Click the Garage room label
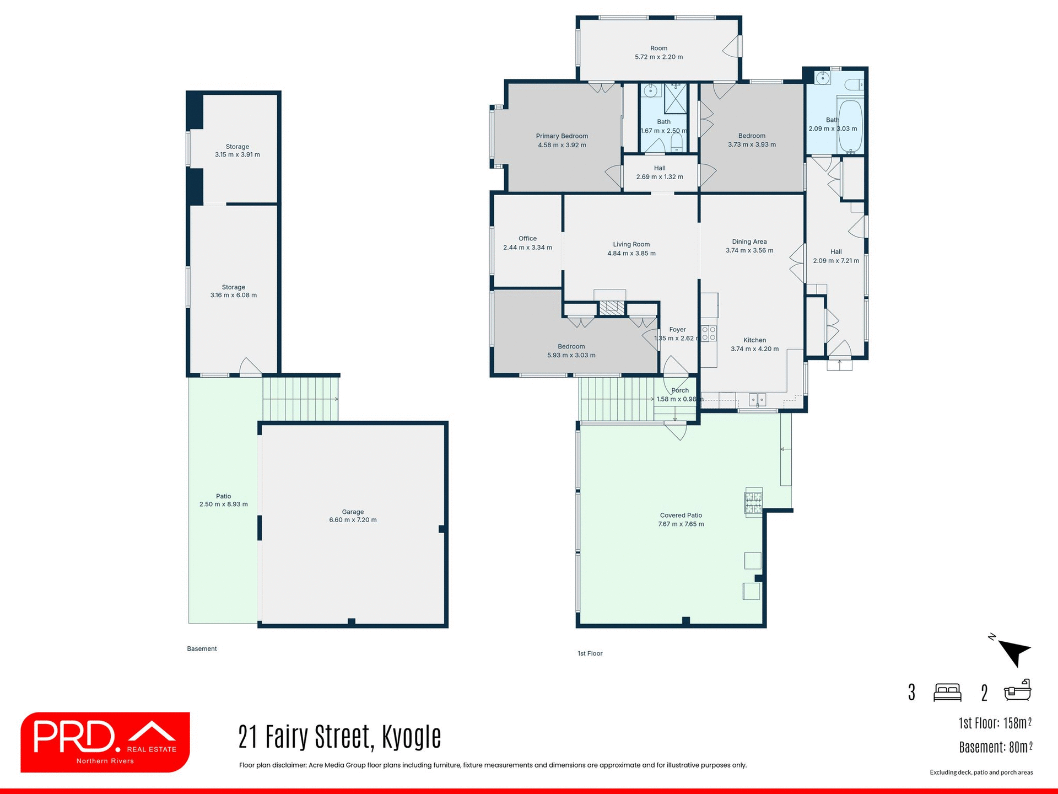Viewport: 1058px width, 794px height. click(353, 512)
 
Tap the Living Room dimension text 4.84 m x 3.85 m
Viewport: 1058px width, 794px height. click(631, 254)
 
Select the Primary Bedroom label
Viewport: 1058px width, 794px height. click(562, 136)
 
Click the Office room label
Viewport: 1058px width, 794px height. click(527, 239)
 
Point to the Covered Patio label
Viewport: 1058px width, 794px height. click(681, 516)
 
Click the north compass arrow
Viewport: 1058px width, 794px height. click(1014, 652)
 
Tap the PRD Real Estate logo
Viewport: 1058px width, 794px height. click(105, 742)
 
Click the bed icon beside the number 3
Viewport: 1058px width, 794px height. click(947, 692)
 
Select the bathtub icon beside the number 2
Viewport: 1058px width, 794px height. click(1017, 690)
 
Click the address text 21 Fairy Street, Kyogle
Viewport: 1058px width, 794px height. click(339, 737)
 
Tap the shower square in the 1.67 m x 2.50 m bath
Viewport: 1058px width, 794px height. click(676, 98)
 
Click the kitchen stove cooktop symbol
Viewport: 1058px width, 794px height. click(709, 334)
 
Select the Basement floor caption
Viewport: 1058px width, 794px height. click(202, 648)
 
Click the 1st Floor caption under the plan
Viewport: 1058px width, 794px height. click(590, 653)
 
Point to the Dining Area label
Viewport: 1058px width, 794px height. click(749, 242)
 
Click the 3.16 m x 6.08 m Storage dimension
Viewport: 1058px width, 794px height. click(233, 296)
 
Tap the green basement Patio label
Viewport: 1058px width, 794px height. click(223, 496)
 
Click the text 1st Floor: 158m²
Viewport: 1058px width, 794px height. click(995, 723)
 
